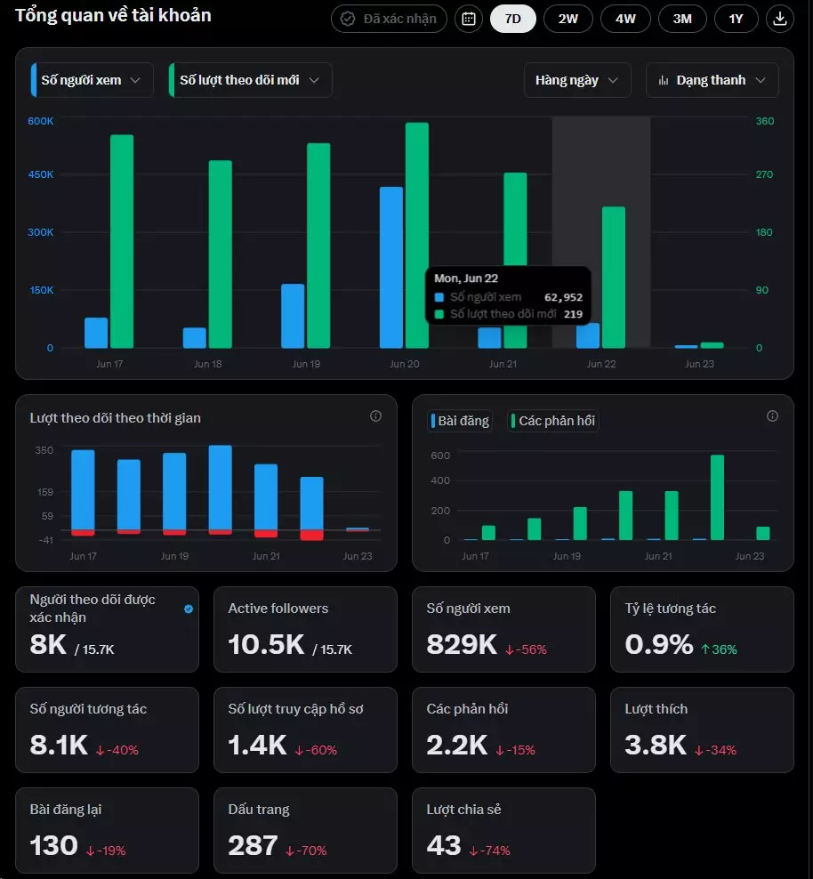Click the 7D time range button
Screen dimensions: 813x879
click(x=512, y=19)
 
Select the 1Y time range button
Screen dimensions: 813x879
click(x=736, y=19)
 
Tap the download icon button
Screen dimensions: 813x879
click(x=779, y=19)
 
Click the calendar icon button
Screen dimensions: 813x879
click(x=469, y=19)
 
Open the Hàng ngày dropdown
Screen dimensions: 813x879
click(x=577, y=80)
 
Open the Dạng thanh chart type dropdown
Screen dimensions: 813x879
click(x=712, y=80)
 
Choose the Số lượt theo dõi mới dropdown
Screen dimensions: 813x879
click(x=250, y=80)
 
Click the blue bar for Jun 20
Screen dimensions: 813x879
click(x=391, y=268)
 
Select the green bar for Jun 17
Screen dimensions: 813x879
click(x=122, y=241)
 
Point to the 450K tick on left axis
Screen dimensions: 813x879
click(x=41, y=174)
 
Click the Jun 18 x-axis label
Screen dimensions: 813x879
click(x=208, y=364)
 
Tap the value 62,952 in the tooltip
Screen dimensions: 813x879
click(x=563, y=297)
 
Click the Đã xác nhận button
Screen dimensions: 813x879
click(x=389, y=19)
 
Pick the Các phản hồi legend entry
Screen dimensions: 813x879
click(x=553, y=421)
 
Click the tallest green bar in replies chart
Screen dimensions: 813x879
click(x=717, y=497)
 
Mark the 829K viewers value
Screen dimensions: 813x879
click(x=462, y=645)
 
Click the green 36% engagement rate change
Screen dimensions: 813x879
click(x=719, y=649)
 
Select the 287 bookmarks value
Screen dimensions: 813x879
click(x=253, y=845)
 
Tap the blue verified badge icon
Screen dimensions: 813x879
click(x=189, y=609)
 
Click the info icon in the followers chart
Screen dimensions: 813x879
click(x=376, y=416)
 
